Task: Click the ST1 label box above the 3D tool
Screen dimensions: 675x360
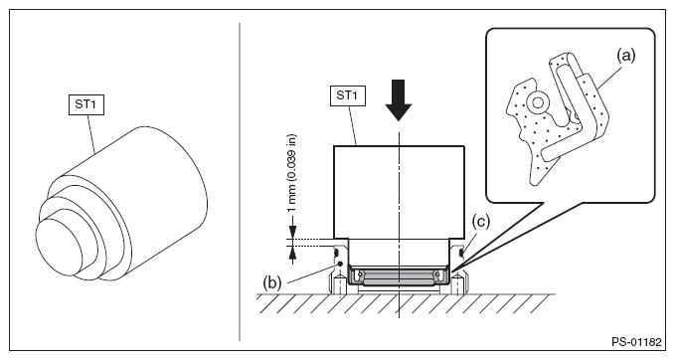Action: point(86,104)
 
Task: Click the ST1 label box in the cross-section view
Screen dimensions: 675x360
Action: point(347,95)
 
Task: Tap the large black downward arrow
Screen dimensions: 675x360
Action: point(399,99)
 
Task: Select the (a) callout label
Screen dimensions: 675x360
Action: point(625,55)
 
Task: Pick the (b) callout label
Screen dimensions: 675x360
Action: point(272,282)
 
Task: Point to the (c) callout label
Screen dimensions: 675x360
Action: point(481,222)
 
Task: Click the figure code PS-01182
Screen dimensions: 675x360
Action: point(636,342)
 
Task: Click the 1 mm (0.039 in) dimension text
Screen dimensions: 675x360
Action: point(292,173)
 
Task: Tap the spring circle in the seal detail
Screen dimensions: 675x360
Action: point(537,102)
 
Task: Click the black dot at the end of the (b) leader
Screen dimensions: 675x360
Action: point(340,264)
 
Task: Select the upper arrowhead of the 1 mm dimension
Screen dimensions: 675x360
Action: point(292,234)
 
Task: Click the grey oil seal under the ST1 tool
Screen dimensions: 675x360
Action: point(399,277)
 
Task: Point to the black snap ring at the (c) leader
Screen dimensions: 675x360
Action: point(461,251)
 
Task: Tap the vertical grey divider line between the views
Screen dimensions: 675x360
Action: point(240,181)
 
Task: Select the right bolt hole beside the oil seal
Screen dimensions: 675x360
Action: point(458,285)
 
